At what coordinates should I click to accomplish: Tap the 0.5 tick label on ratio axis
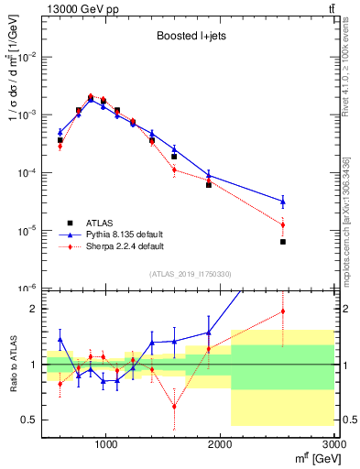[29, 420]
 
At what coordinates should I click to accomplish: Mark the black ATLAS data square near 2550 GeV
[283, 242]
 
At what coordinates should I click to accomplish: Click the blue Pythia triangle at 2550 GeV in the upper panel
[283, 201]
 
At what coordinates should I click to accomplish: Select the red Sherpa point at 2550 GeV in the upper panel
[283, 224]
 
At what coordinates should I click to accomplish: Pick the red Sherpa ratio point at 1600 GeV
[174, 406]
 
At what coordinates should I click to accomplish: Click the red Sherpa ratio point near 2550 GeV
[283, 311]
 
